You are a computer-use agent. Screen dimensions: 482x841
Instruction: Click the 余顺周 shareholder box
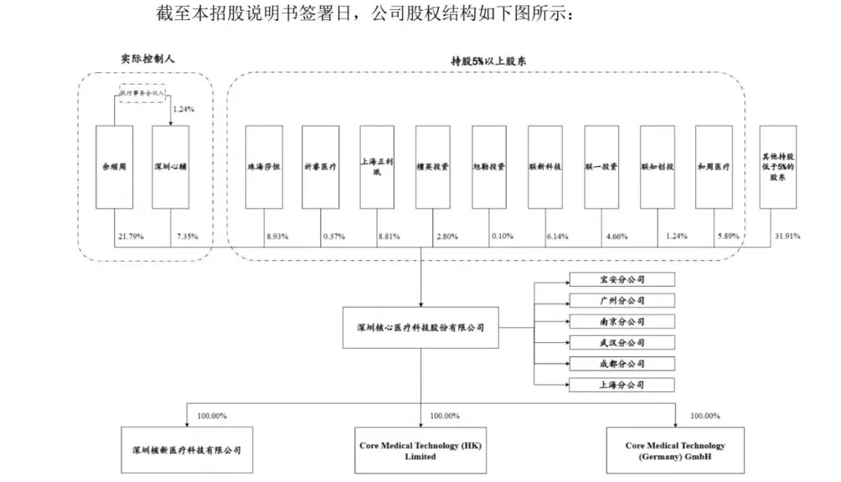[x=114, y=167]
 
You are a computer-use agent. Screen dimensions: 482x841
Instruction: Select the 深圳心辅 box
[x=170, y=167]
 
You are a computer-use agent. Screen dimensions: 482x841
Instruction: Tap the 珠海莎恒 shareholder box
[x=264, y=167]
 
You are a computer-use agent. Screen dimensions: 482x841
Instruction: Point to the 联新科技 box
[x=545, y=167]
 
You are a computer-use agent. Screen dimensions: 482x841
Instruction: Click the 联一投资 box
[x=601, y=167]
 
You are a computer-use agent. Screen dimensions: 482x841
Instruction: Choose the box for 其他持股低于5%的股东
[x=777, y=167]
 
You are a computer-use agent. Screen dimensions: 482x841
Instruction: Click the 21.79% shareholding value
[x=130, y=237]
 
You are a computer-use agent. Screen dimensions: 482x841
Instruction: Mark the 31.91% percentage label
[x=788, y=237]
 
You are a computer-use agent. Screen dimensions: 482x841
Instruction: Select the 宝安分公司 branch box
[x=620, y=280]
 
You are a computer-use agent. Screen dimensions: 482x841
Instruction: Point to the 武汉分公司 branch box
[x=620, y=343]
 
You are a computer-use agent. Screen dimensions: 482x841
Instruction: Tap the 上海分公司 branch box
[x=620, y=385]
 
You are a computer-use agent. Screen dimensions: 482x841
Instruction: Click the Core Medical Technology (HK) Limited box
[x=420, y=451]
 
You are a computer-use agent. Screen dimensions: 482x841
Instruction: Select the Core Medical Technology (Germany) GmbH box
[x=675, y=451]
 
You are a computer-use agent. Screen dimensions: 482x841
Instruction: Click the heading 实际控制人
[x=148, y=60]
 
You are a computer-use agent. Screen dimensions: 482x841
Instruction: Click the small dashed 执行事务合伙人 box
[x=142, y=94]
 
